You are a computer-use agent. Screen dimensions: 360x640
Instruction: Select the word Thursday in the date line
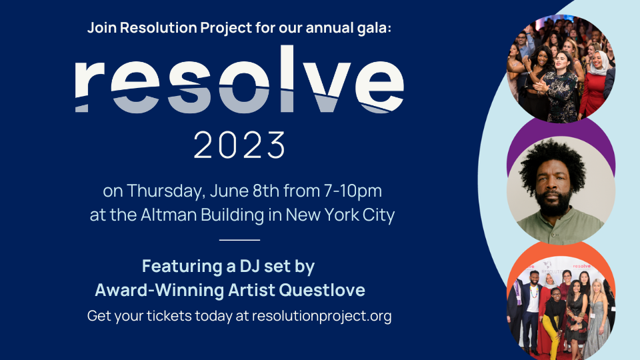tap(167, 191)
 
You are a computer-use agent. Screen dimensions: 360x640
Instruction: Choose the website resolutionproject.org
tap(321, 316)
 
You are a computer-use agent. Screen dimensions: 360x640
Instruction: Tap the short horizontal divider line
tap(239, 239)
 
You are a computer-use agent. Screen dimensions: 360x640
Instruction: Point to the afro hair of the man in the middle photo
tap(560, 157)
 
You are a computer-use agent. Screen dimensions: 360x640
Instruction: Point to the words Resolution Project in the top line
tap(175, 29)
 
